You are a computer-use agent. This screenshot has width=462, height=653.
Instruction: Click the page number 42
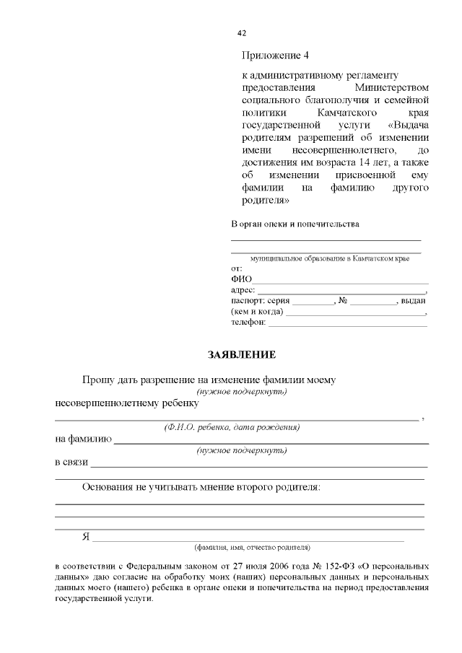pos(242,33)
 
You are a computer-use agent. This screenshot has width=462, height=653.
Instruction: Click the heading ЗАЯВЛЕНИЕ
pos(242,355)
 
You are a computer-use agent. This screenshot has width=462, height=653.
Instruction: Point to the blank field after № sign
pos(373,301)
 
